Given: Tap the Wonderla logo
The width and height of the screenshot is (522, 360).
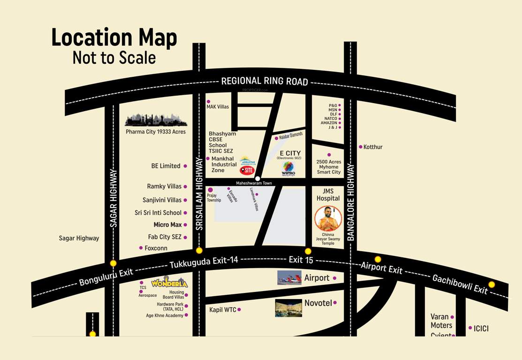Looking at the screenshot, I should click(169, 283).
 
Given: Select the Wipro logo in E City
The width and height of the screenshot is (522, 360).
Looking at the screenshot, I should click(288, 168).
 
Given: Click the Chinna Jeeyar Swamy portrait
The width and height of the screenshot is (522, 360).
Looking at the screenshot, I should click(328, 218).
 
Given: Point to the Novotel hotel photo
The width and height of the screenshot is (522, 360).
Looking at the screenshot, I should click(288, 308).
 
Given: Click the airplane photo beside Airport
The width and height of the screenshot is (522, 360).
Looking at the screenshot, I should click(289, 278).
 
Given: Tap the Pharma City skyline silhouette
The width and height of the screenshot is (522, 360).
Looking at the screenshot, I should click(156, 120).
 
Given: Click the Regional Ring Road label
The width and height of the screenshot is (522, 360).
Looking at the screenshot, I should click(265, 81).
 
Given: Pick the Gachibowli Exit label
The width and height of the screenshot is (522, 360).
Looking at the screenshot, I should click(460, 284).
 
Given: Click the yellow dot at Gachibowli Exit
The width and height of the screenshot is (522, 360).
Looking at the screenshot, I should click(492, 285).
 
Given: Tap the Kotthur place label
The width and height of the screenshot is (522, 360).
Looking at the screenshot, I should click(373, 147).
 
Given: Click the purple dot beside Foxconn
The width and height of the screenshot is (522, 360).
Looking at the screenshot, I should click(141, 248).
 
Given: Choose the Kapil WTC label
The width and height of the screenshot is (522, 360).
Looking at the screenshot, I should click(223, 309).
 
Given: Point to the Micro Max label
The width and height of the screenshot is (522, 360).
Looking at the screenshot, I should click(167, 225).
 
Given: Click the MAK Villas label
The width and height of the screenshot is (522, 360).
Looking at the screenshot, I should click(218, 107).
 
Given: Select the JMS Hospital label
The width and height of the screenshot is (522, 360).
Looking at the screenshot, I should click(328, 195).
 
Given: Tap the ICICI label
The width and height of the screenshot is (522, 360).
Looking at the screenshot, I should click(481, 329).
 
